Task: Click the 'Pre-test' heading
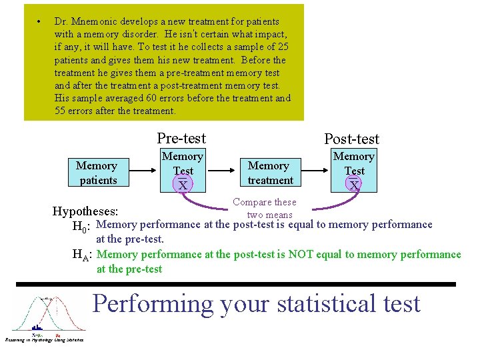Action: coord(181,138)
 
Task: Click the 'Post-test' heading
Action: coord(351,139)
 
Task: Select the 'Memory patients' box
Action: coord(97,173)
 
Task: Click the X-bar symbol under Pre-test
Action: coord(183,185)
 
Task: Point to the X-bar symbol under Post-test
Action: coord(354,185)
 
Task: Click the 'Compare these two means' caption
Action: coord(264,208)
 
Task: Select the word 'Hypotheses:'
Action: coord(85,211)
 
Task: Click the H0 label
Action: coord(83,225)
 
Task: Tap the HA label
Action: coord(83,255)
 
